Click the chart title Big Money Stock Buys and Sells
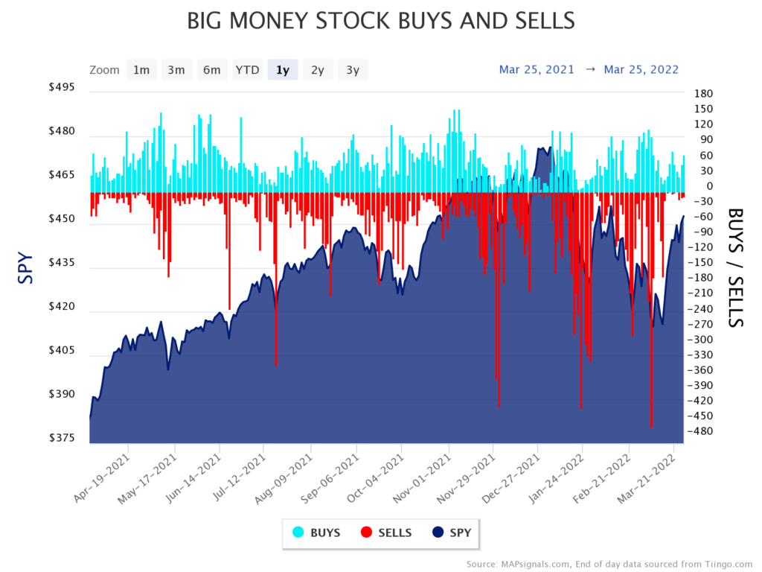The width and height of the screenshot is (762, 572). pos(380,21)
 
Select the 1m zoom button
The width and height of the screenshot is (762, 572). pos(141,70)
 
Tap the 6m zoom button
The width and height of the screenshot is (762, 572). pos(212,70)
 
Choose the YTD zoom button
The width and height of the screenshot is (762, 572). pos(247,70)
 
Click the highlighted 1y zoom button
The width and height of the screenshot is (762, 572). pos(283,70)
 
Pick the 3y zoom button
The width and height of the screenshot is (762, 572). pos(353,70)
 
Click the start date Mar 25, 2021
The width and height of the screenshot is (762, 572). pos(537,69)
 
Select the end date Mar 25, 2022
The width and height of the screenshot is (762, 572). pos(641,69)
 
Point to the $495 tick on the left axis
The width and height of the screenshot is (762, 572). pos(62,88)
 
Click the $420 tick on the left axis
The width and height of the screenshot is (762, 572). pos(62,306)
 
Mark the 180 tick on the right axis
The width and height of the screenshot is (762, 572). pos(703,94)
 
